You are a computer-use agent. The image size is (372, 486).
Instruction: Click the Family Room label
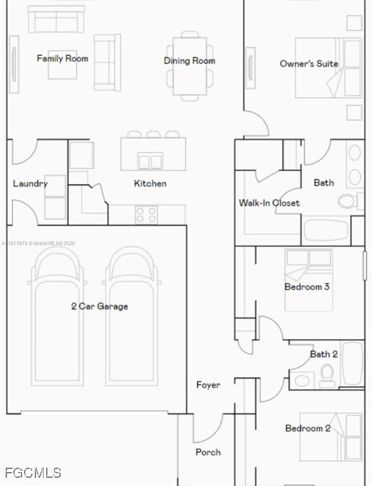pos(62,58)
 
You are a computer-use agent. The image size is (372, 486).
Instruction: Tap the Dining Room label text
pos(189,61)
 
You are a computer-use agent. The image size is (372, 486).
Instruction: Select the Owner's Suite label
pos(309,63)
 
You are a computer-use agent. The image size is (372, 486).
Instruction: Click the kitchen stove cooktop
pos(146,215)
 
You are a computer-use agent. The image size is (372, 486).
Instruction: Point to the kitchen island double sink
pos(151,161)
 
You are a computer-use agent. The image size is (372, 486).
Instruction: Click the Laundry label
pos(30,184)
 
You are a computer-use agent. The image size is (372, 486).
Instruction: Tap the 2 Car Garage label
pos(99,306)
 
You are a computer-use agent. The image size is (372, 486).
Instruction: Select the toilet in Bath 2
pos(327,376)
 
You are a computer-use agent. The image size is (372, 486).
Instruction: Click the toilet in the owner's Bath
pos(350,201)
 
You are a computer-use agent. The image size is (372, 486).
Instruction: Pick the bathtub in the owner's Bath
pos(326,230)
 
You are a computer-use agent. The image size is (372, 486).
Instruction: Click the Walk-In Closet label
pos(269,203)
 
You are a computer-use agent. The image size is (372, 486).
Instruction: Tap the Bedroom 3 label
pos(307,287)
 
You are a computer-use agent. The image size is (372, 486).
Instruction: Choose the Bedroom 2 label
pos(308,428)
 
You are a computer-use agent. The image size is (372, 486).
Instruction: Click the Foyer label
pos(208,385)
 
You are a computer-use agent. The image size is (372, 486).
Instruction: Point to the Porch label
pos(208,452)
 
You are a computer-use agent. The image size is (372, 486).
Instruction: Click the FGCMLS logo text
pos(33,473)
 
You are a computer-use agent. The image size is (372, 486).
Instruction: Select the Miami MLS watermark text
pos(38,243)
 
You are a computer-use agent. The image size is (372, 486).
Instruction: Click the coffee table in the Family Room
pos(62,65)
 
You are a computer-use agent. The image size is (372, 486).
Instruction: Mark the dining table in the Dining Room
pos(190,66)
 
